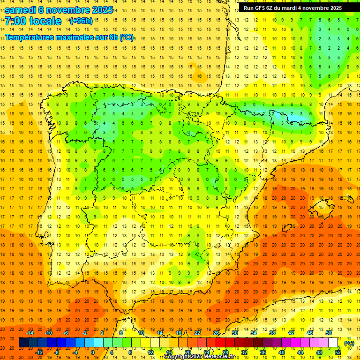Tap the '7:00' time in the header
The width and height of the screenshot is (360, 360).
15,21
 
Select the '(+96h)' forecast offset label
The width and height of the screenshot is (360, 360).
81,21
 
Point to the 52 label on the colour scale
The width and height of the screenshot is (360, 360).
338,352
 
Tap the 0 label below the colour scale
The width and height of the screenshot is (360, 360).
92,352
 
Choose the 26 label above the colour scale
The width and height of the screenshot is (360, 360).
216,333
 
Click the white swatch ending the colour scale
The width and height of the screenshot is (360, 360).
333,343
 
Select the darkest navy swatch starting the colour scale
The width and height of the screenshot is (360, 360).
23,343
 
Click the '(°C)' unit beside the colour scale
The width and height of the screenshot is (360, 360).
349,343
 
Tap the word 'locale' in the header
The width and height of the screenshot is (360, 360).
45,21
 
